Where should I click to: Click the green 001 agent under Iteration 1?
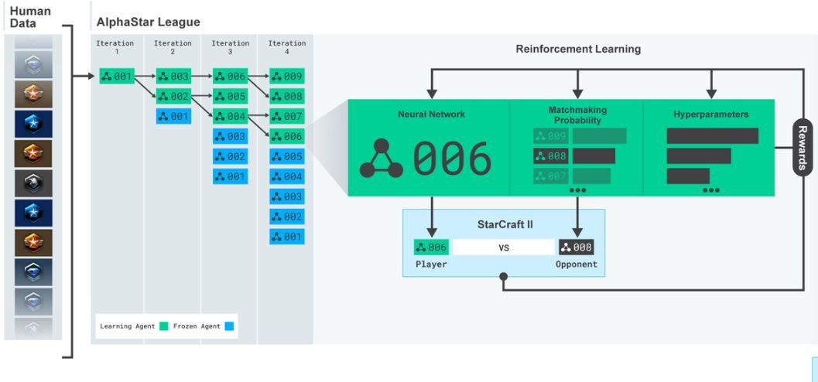click(x=117, y=77)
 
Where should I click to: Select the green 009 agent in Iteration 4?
click(x=287, y=77)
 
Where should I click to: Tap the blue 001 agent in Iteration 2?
click(x=173, y=116)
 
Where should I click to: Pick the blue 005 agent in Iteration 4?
click(x=287, y=156)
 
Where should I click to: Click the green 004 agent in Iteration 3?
click(x=230, y=116)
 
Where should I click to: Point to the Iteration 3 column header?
click(x=230, y=47)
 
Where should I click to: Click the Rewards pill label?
click(x=803, y=148)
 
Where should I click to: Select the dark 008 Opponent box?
click(x=576, y=247)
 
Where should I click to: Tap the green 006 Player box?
click(x=431, y=247)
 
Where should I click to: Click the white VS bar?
click(x=504, y=247)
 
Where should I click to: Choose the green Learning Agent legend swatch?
click(x=164, y=326)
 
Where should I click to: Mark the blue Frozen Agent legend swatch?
click(x=228, y=326)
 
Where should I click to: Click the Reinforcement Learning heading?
click(x=579, y=49)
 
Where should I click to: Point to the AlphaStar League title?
click(x=148, y=22)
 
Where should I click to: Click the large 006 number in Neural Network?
click(x=452, y=159)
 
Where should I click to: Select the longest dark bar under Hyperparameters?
click(x=713, y=136)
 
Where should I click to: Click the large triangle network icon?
click(x=382, y=159)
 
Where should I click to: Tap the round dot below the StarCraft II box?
click(x=504, y=276)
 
